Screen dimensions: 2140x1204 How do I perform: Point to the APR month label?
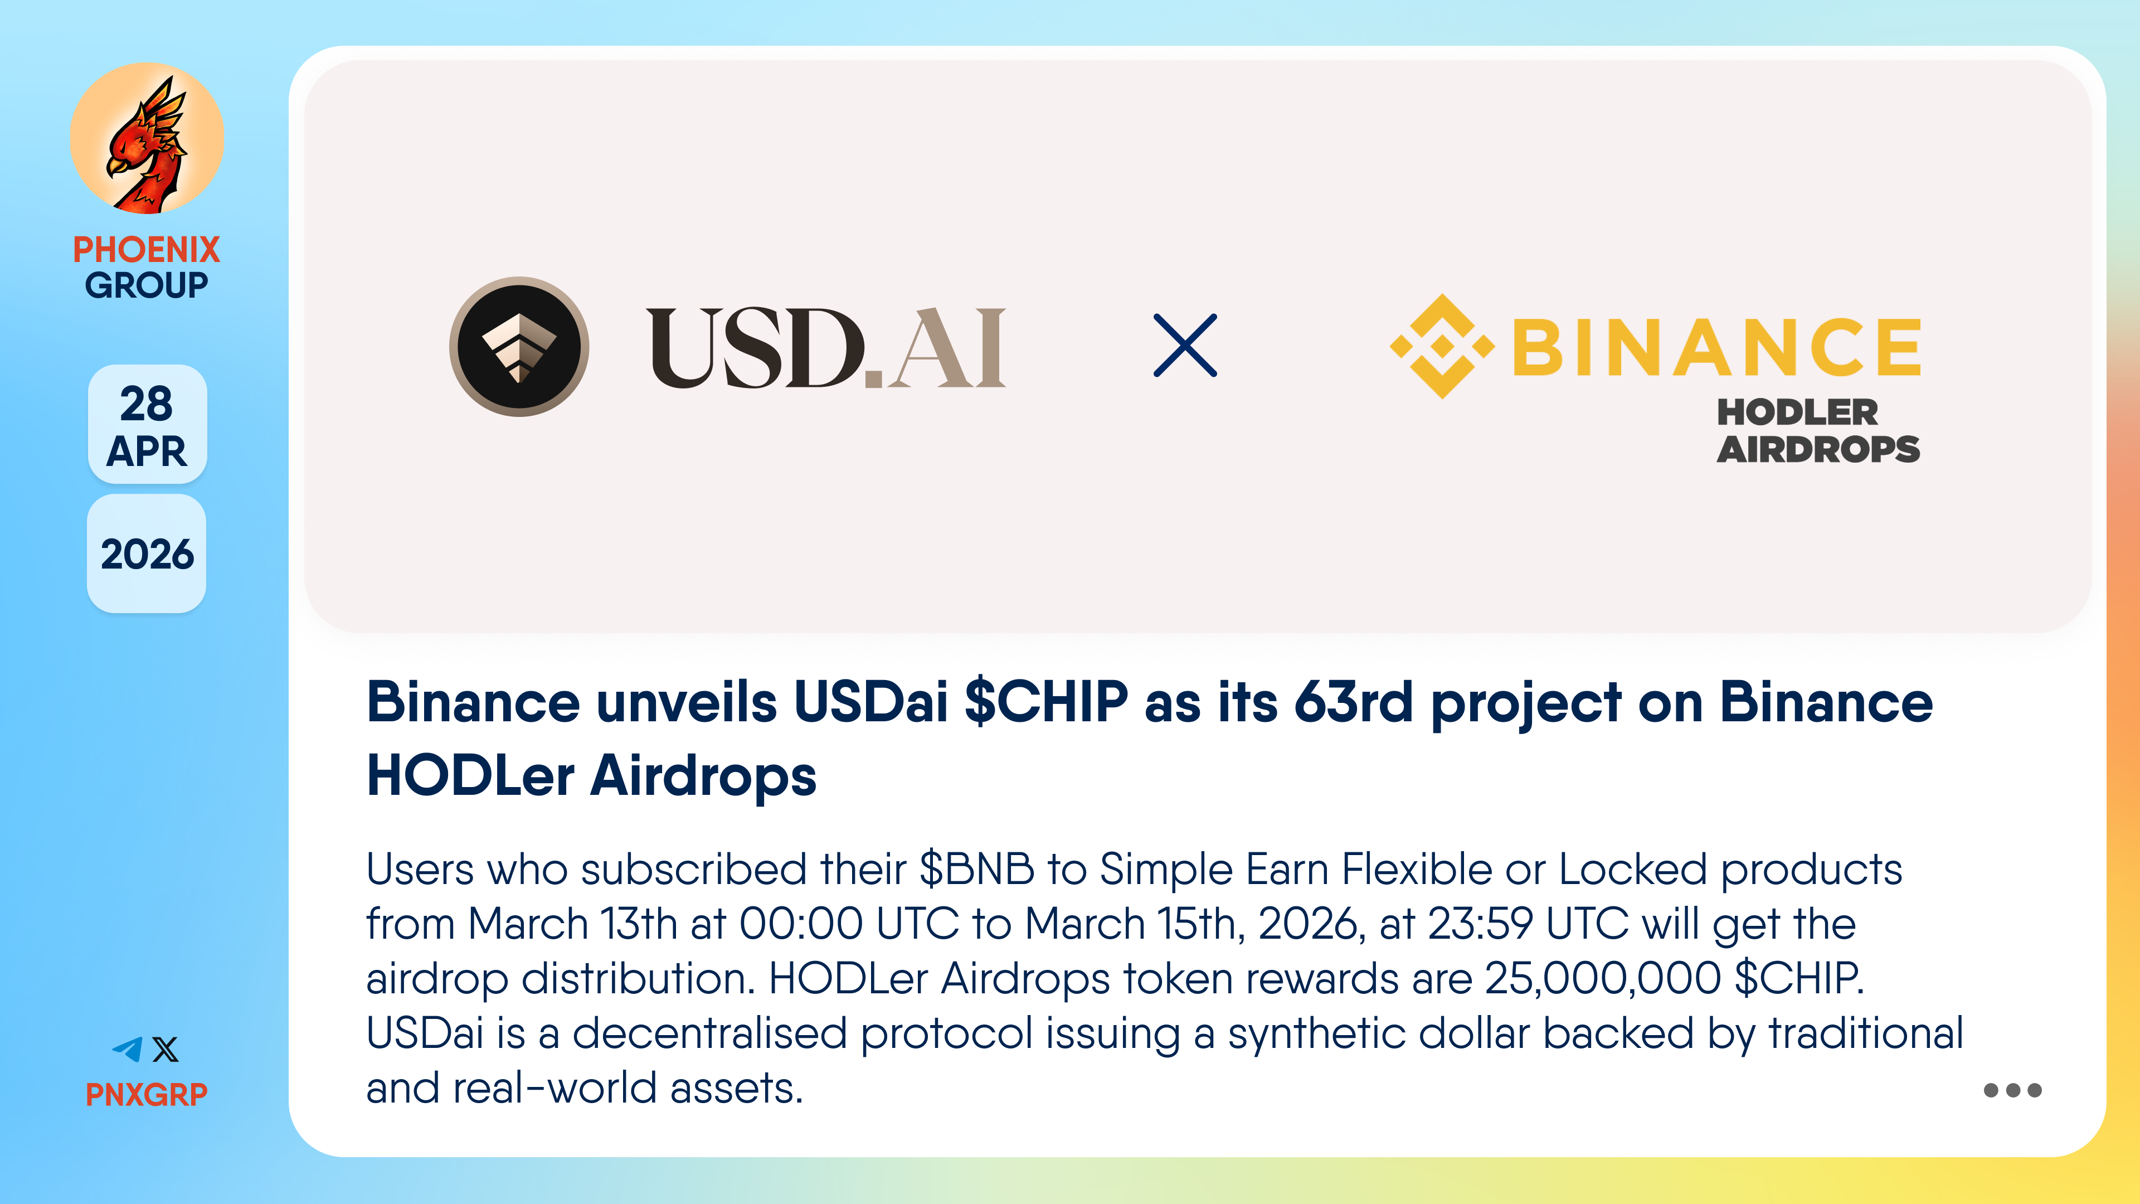pos(147,451)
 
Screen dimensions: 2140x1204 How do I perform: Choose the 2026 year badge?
pos(147,554)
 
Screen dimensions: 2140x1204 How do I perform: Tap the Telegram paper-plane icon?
pos(128,1050)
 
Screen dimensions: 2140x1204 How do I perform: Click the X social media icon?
pos(166,1050)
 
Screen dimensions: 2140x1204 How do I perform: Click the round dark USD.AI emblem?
pos(519,347)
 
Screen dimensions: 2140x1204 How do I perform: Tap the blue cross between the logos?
pos(1185,346)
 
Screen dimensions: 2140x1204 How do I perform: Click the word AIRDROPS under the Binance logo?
pos(1818,449)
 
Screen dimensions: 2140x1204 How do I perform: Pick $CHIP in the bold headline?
pos(1047,702)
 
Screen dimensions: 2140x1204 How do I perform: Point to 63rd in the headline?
pos(1353,702)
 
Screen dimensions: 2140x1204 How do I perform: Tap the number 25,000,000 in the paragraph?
pos(1603,979)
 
